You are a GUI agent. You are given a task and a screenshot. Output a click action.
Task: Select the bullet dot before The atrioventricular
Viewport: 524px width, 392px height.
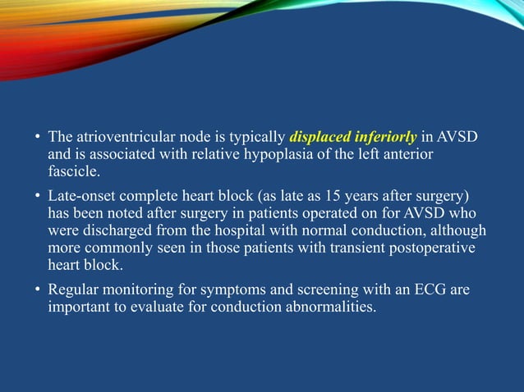38,137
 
